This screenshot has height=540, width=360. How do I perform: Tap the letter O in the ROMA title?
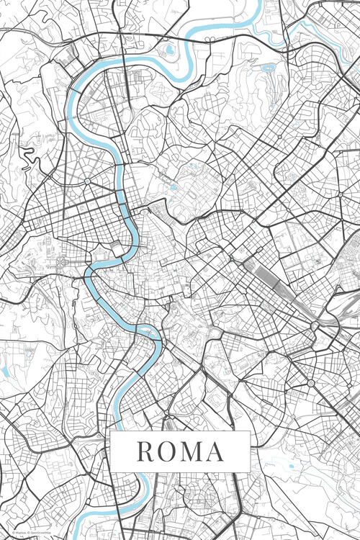167,451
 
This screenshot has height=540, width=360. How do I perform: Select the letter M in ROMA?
192,451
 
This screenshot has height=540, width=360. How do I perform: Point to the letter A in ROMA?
215,451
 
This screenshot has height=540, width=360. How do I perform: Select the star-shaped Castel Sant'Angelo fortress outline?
115,248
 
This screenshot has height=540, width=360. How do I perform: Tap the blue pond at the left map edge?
4,372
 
